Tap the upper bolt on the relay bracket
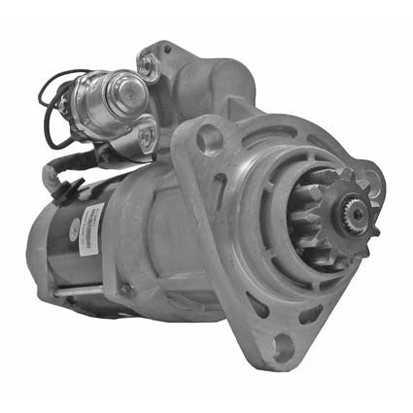pyautogui.click(x=147, y=66)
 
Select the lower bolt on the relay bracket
pyautogui.click(x=146, y=133)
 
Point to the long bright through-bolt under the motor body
pyautogui.click(x=87, y=290)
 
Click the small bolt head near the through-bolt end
pyautogui.click(x=125, y=289)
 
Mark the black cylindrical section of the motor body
pyautogui.click(x=68, y=243)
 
